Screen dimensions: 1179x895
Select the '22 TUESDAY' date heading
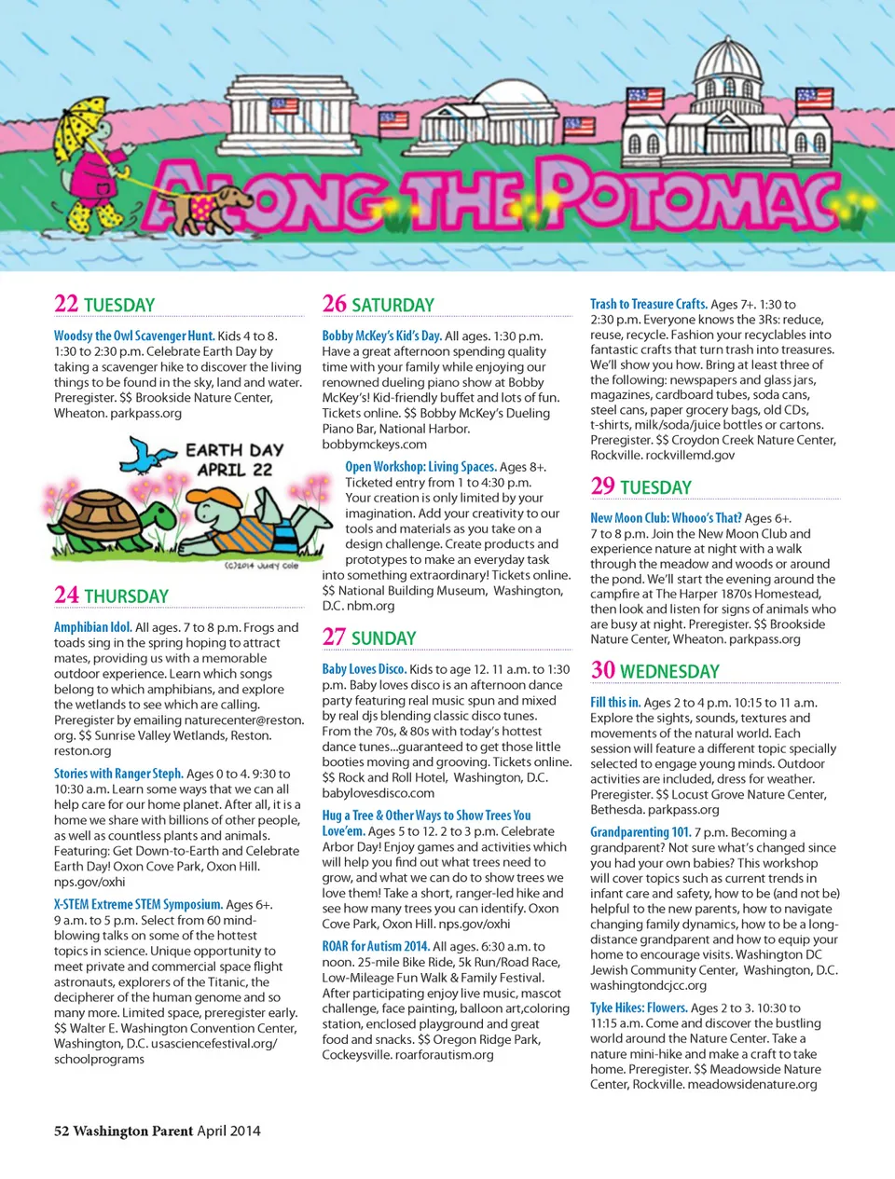104,305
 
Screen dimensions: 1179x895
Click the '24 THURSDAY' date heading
111,596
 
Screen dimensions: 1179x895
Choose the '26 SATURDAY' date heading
378,305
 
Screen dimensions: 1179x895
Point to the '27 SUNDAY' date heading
368,637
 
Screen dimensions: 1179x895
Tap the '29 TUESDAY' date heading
640,487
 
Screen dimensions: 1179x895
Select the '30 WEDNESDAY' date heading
654,671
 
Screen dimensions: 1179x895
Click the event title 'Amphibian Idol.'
92,627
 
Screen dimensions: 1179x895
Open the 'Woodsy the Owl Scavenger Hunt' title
134,336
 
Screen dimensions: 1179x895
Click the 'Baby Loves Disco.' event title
364,669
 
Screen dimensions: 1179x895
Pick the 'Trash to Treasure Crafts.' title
648,304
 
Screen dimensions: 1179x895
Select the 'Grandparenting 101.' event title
640,832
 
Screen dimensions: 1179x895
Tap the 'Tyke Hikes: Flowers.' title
639,1008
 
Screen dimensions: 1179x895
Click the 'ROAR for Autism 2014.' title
376,946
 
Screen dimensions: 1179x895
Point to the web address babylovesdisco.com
378,793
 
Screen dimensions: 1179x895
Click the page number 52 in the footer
62,1131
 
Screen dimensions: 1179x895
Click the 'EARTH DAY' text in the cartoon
234,450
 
